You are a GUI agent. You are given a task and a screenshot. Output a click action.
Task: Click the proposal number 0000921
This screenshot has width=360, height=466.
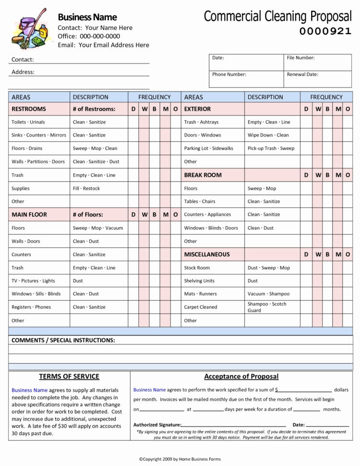tap(325, 32)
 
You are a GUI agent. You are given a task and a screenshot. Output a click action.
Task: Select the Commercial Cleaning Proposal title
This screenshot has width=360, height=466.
tap(277, 16)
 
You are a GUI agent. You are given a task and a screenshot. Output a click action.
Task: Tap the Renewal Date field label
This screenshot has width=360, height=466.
tap(302, 74)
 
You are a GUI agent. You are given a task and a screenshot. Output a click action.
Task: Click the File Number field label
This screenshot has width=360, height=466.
tap(300, 58)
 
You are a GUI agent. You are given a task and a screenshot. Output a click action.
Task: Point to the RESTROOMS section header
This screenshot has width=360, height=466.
tap(29, 109)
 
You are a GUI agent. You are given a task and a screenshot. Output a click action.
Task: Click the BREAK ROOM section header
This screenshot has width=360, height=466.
tap(203, 175)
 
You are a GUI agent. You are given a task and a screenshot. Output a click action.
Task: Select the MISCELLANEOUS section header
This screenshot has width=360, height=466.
tap(207, 254)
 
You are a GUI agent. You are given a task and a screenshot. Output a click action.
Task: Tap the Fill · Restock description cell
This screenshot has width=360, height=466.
tap(86, 188)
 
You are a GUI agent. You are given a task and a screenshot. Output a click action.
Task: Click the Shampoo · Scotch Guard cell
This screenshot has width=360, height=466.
tap(266, 307)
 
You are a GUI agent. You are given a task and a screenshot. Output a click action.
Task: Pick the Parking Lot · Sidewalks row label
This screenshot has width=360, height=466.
tap(208, 148)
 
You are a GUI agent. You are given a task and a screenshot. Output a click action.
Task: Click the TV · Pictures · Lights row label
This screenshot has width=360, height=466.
tap(33, 281)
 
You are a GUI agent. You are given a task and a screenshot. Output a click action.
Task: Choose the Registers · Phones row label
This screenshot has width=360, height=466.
tap(31, 307)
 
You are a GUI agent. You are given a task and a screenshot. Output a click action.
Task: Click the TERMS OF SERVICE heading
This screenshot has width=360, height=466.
tap(69, 377)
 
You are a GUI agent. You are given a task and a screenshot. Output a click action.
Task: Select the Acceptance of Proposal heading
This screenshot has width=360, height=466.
tap(241, 377)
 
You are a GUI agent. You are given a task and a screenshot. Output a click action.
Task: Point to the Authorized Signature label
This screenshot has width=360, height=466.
tap(157, 425)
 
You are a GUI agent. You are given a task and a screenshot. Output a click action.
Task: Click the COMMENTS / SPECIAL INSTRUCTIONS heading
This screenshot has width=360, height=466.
tap(63, 340)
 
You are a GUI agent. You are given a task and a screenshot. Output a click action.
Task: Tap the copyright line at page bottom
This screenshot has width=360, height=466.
tap(180, 459)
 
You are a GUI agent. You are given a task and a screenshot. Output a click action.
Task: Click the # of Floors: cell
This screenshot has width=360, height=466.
tap(88, 215)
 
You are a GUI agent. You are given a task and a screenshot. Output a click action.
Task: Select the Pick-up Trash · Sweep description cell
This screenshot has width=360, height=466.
tap(271, 148)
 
